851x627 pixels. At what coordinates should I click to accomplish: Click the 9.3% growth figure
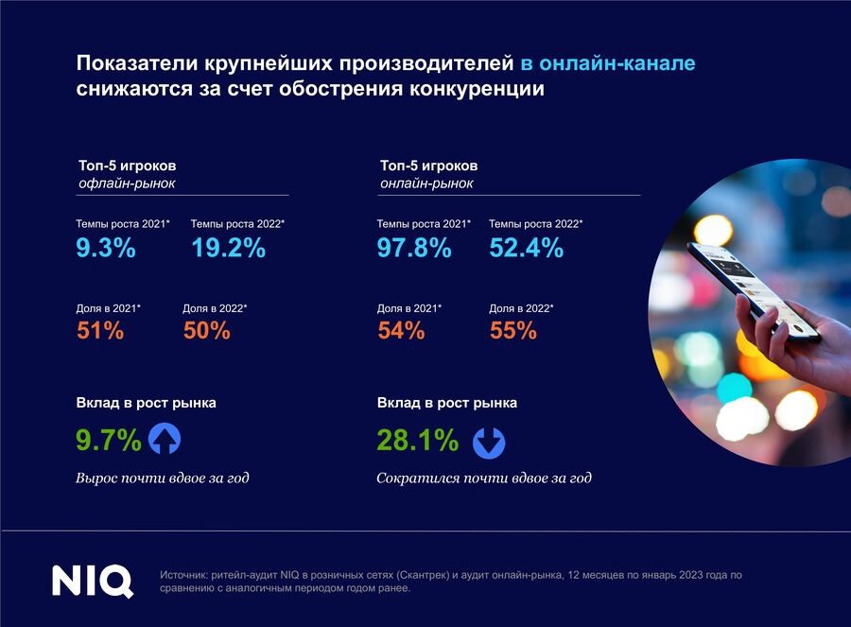[x=106, y=249]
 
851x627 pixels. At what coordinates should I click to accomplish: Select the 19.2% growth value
[x=228, y=249]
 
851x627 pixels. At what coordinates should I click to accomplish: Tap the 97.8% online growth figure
[x=414, y=249]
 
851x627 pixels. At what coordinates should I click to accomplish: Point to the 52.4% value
[x=527, y=249]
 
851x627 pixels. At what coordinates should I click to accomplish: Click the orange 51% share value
[x=99, y=331]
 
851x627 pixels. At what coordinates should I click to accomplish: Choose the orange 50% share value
[x=206, y=331]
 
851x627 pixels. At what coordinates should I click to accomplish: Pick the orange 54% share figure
[x=401, y=331]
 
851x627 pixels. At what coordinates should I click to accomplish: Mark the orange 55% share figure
[x=513, y=331]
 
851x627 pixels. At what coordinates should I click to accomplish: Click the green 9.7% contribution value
[x=109, y=441]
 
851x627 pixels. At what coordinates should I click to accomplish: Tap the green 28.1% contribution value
[x=418, y=441]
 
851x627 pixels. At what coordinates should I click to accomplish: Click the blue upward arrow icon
[x=165, y=440]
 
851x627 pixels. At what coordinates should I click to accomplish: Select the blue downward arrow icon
[x=489, y=442]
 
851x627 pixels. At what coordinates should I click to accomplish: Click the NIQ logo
[x=92, y=581]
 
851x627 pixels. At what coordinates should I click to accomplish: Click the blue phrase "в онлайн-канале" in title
[x=608, y=64]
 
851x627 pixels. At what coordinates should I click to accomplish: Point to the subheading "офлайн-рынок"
[x=127, y=183]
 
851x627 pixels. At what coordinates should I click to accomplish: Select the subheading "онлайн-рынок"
[x=426, y=183]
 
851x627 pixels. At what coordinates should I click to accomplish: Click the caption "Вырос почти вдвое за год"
[x=163, y=478]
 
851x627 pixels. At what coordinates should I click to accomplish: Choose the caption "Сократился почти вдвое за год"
[x=484, y=478]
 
